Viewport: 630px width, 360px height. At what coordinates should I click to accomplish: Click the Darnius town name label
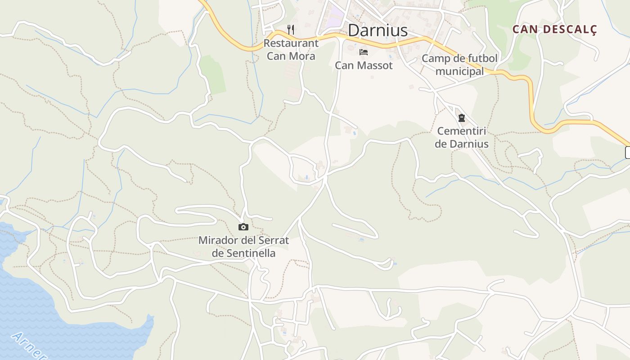coord(378,31)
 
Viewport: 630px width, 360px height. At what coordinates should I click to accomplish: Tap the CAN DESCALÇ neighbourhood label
coord(554,30)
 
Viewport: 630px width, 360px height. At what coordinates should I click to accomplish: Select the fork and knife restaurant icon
coord(291,30)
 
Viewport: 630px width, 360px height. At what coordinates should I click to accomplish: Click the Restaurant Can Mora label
coord(291,49)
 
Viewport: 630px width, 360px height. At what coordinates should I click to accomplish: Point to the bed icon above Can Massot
coord(364,52)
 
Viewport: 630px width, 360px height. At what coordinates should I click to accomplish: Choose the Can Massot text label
coord(364,66)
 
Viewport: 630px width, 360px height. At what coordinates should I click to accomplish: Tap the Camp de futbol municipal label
coord(459,65)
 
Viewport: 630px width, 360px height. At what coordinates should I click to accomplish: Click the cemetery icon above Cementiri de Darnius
coord(461,118)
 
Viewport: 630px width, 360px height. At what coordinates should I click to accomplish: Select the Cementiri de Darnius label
coord(462,138)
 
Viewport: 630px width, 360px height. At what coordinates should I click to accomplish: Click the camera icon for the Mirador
coord(243,227)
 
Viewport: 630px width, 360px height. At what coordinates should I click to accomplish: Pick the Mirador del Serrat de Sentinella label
coord(243,247)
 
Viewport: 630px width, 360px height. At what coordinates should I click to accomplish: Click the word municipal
coord(459,72)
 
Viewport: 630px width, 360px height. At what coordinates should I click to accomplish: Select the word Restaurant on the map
coord(291,43)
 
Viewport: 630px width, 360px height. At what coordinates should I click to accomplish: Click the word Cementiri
coord(462,131)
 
